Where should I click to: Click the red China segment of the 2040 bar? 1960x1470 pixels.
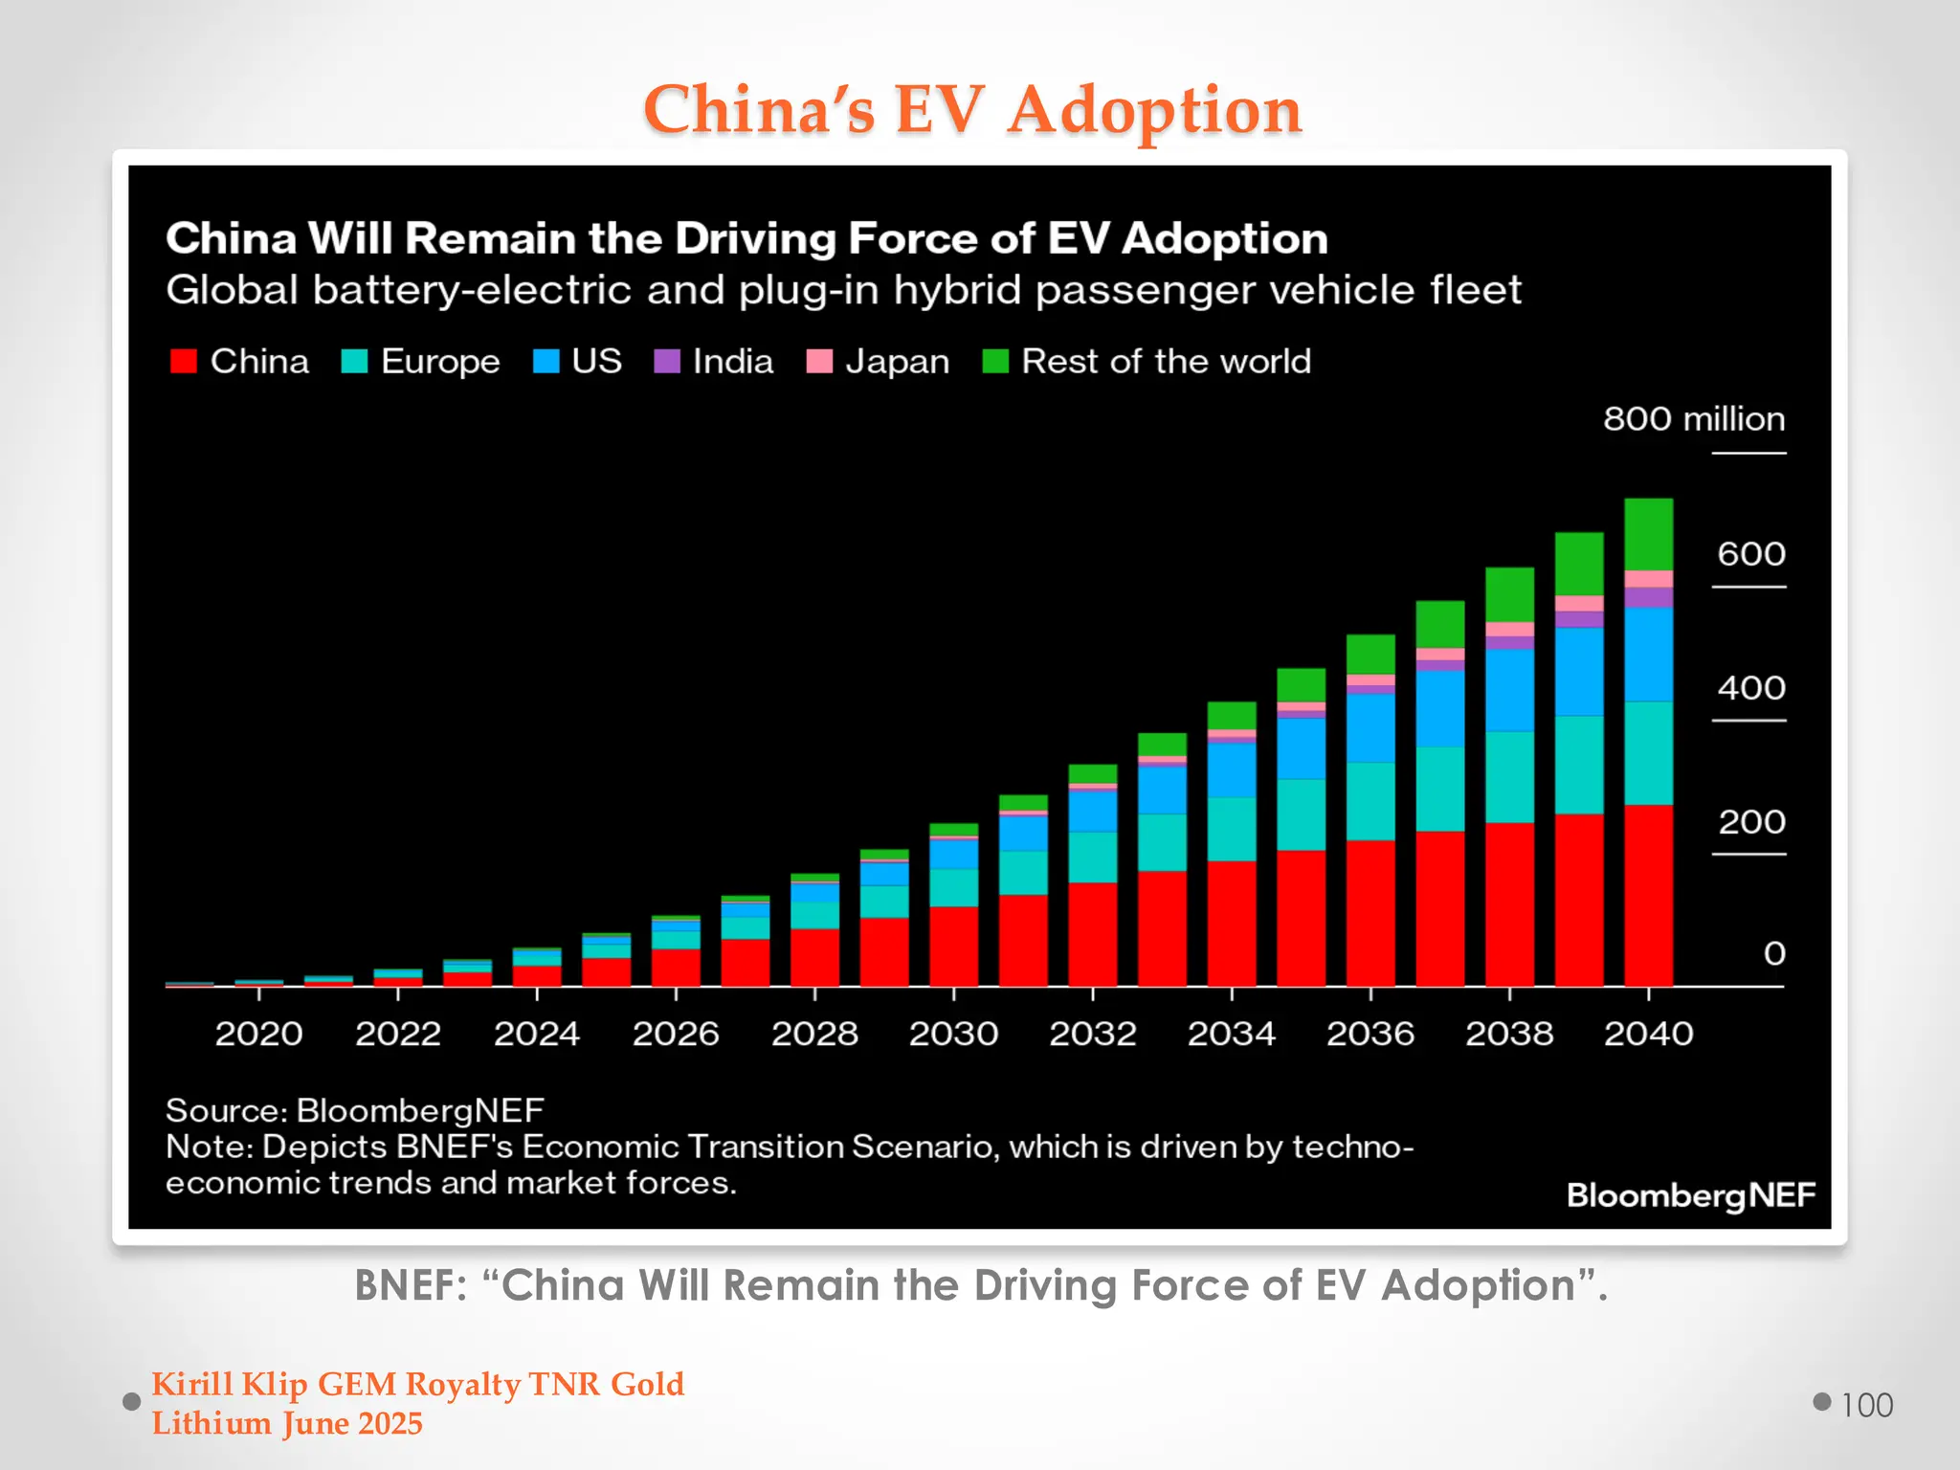1648,895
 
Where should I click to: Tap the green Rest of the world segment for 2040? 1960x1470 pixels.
1648,533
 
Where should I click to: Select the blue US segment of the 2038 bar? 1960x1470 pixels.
1509,690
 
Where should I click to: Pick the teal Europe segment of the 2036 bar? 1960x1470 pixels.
1370,801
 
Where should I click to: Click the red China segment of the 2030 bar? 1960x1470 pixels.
953,946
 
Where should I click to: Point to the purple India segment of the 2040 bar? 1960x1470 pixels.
1648,597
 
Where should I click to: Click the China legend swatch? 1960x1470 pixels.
183,361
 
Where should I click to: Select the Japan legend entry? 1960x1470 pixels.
879,361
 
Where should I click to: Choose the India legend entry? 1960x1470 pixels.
714,361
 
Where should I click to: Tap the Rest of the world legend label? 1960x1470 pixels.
1166,361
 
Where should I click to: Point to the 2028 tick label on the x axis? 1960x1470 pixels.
814,1034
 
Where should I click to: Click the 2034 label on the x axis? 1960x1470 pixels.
1231,1034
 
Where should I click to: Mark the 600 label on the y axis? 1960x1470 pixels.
1750,554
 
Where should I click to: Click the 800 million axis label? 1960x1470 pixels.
1693,419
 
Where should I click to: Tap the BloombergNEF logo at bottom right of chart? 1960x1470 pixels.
1690,1195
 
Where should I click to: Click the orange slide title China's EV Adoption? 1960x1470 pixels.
972,109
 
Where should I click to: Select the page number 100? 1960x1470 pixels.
1866,1405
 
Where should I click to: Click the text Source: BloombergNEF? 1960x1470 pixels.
355,1110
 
